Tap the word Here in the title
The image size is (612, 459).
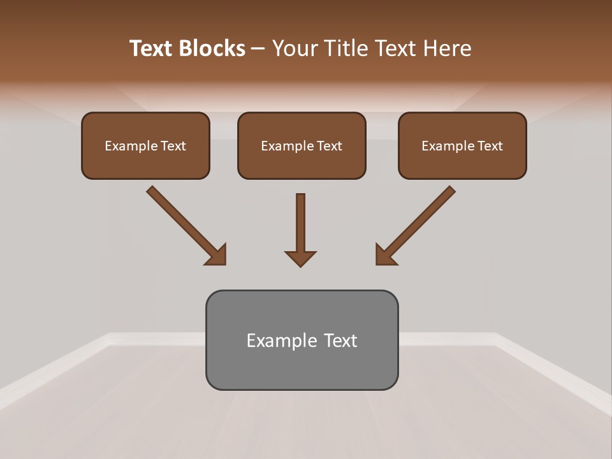point(447,48)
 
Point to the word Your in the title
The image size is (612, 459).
point(294,48)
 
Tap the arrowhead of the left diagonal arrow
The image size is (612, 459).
point(217,255)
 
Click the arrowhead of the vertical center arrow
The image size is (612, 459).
point(300,258)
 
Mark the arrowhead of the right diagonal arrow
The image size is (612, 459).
point(385,255)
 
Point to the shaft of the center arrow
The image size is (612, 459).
point(300,220)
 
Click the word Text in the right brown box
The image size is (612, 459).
point(490,146)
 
